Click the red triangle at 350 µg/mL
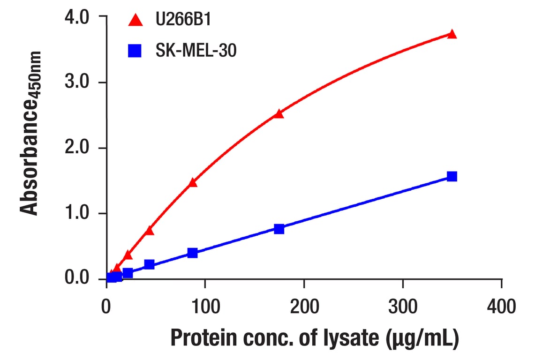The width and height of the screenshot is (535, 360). (x=452, y=34)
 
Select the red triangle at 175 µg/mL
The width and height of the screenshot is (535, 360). (x=279, y=113)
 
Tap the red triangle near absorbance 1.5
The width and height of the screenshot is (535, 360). (x=192, y=182)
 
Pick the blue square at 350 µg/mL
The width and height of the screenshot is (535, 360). (x=452, y=176)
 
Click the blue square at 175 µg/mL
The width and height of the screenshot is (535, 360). (x=279, y=229)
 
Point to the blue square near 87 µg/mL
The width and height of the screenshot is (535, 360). (x=192, y=253)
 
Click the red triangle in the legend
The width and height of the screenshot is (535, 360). (x=136, y=20)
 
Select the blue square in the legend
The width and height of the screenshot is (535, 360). (x=136, y=51)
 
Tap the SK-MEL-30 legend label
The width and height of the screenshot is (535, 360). (x=196, y=51)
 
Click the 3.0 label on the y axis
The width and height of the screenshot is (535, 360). (x=77, y=82)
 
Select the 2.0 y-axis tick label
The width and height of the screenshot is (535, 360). (x=77, y=148)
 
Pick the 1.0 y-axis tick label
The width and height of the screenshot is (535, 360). (x=77, y=214)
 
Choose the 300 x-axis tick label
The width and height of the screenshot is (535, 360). (x=403, y=307)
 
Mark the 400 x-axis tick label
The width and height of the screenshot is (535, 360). (x=501, y=307)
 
